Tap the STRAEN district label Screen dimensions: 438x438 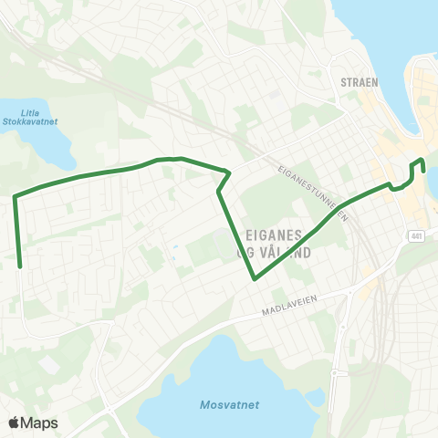(359, 79)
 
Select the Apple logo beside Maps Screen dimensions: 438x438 (15, 422)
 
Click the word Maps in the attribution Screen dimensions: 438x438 (39, 422)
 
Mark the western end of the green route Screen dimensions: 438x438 (20, 266)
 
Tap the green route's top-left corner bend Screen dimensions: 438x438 (15, 195)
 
